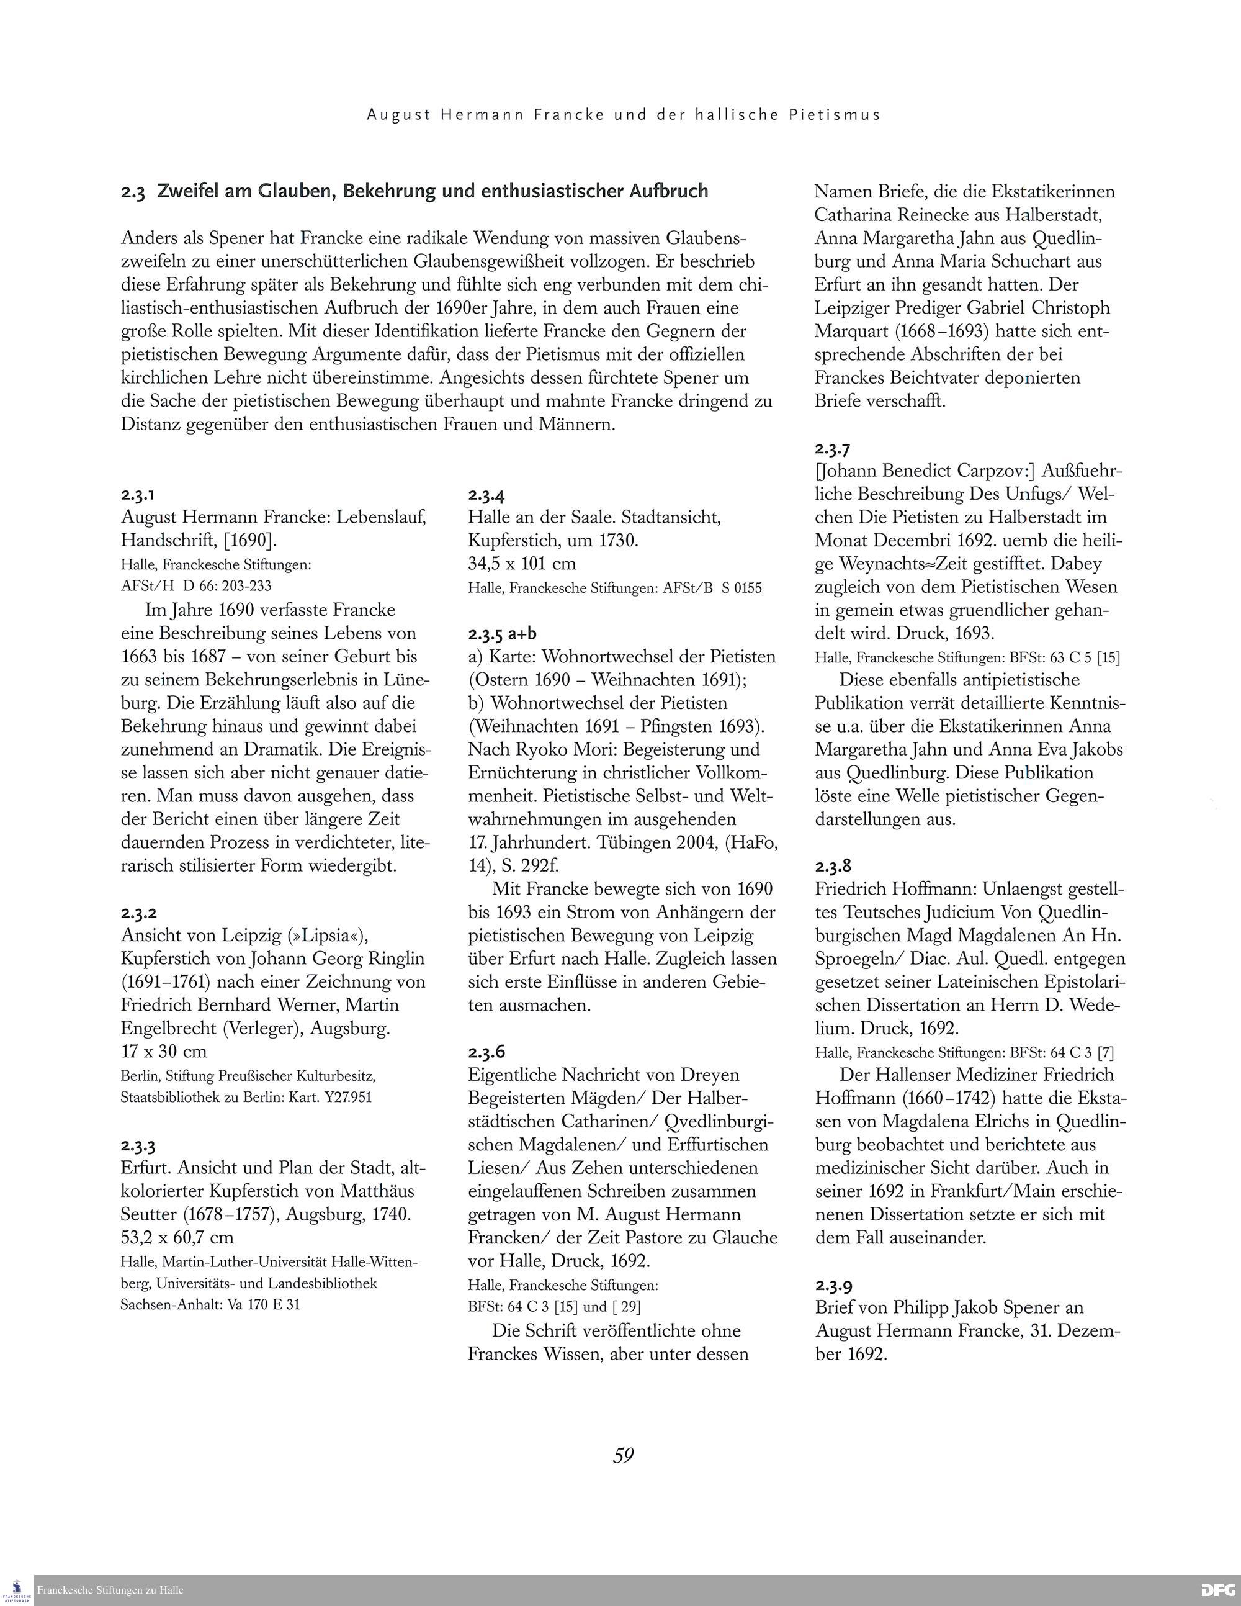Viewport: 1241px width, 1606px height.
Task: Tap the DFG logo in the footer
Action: click(x=1217, y=1590)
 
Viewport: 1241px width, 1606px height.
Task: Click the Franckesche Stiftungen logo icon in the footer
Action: click(x=17, y=1590)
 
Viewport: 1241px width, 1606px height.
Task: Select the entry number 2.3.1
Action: click(x=138, y=494)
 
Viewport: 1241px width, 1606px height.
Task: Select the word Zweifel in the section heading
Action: click(x=190, y=191)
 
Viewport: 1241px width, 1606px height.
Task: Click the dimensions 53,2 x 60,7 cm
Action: click(x=177, y=1237)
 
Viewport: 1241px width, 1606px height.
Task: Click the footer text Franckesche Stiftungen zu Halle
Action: click(x=110, y=1590)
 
